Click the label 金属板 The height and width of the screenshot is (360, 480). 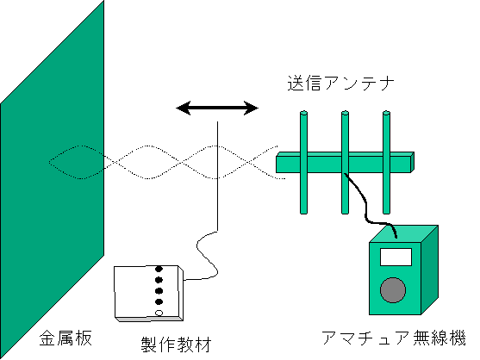[65, 338]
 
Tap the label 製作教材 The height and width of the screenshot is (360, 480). [176, 344]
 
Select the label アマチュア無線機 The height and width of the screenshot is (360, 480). [394, 338]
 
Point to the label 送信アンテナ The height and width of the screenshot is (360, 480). [340, 83]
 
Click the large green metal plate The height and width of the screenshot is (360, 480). [52, 181]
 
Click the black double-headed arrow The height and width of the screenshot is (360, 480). [217, 108]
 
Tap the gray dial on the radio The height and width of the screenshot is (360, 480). [393, 290]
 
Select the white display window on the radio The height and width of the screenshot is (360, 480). [396, 257]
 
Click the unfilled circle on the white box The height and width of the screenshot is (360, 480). [159, 313]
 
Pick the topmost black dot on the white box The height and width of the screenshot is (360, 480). [159, 269]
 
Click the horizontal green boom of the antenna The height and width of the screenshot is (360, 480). [345, 163]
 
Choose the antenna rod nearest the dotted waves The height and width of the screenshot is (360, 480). [303, 162]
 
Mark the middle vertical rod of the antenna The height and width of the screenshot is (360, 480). [345, 162]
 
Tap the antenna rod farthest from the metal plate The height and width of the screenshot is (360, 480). [386, 162]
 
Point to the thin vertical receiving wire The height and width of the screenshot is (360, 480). [217, 176]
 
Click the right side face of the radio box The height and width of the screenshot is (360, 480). [430, 270]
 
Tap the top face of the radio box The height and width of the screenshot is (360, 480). [403, 234]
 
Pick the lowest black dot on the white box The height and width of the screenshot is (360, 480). [159, 302]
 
